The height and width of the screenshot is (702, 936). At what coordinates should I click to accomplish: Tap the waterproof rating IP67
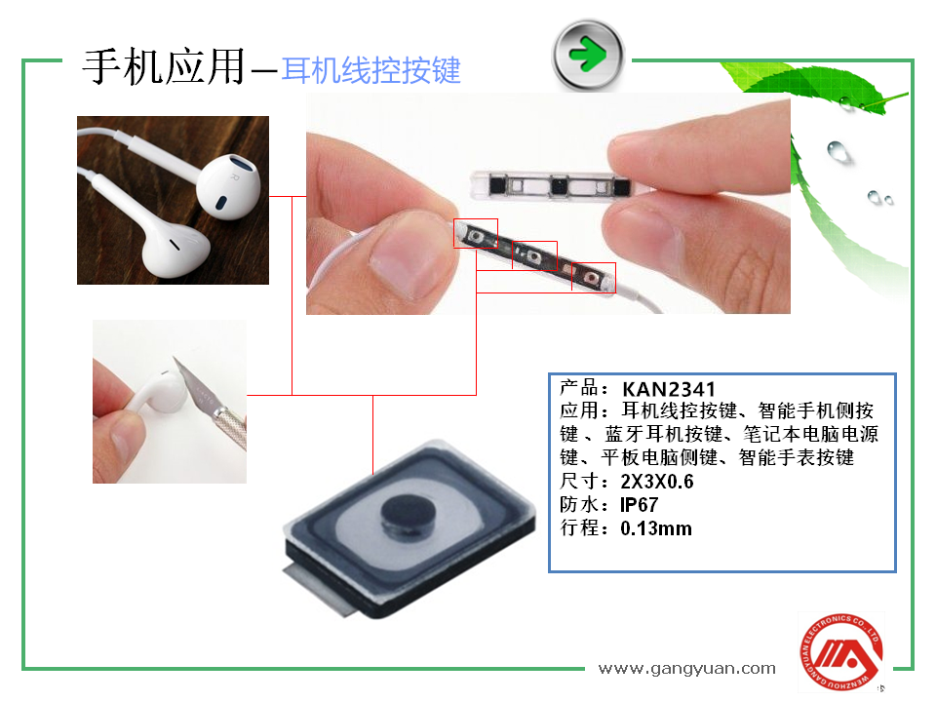tap(640, 505)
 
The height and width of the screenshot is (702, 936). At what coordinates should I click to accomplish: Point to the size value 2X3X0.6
tap(656, 482)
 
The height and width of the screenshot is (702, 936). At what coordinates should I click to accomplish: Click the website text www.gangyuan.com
tap(686, 668)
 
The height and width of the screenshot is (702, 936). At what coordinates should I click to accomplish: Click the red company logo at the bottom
tap(839, 650)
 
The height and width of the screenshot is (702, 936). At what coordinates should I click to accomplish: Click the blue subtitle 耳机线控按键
tap(370, 70)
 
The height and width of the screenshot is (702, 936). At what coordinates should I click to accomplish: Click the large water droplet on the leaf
tap(838, 150)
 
